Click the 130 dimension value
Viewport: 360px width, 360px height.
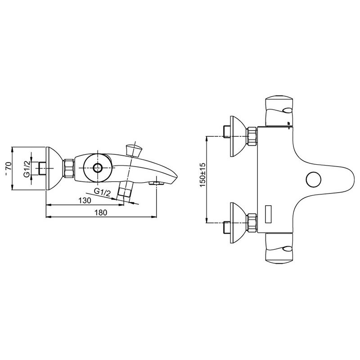click(85, 200)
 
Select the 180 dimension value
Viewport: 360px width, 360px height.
click(101, 212)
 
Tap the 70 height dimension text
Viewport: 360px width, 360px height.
click(8, 166)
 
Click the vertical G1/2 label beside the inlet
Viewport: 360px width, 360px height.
click(27, 169)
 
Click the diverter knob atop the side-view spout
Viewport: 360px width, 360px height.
click(134, 150)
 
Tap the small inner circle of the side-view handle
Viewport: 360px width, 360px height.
click(98, 168)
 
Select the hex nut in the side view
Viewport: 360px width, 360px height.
click(69, 168)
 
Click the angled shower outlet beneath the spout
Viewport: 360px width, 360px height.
click(125, 189)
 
